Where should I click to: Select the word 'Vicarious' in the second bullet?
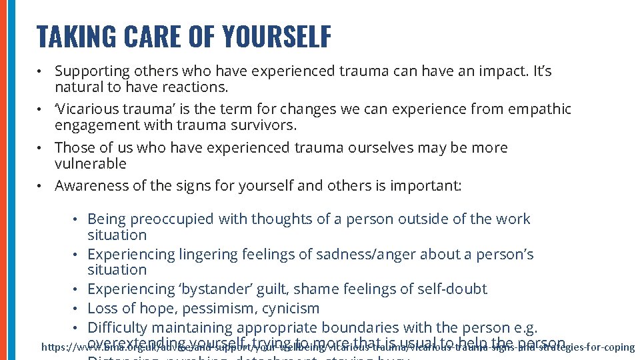[87, 109]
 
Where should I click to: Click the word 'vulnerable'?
[90, 163]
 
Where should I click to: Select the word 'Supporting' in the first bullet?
[93, 71]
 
